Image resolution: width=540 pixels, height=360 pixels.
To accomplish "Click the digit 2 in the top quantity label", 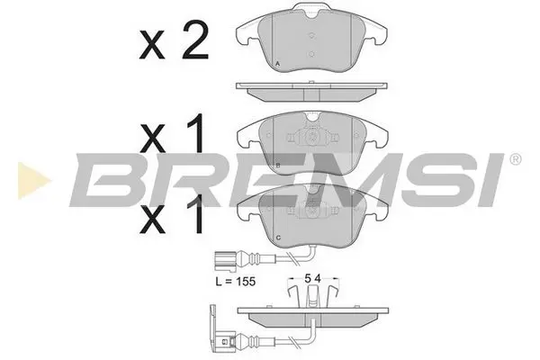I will pos(193,42).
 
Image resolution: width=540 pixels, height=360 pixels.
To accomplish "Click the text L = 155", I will pos(237,282).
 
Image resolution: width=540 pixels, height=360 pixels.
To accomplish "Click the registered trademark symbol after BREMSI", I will pos(514,159).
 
